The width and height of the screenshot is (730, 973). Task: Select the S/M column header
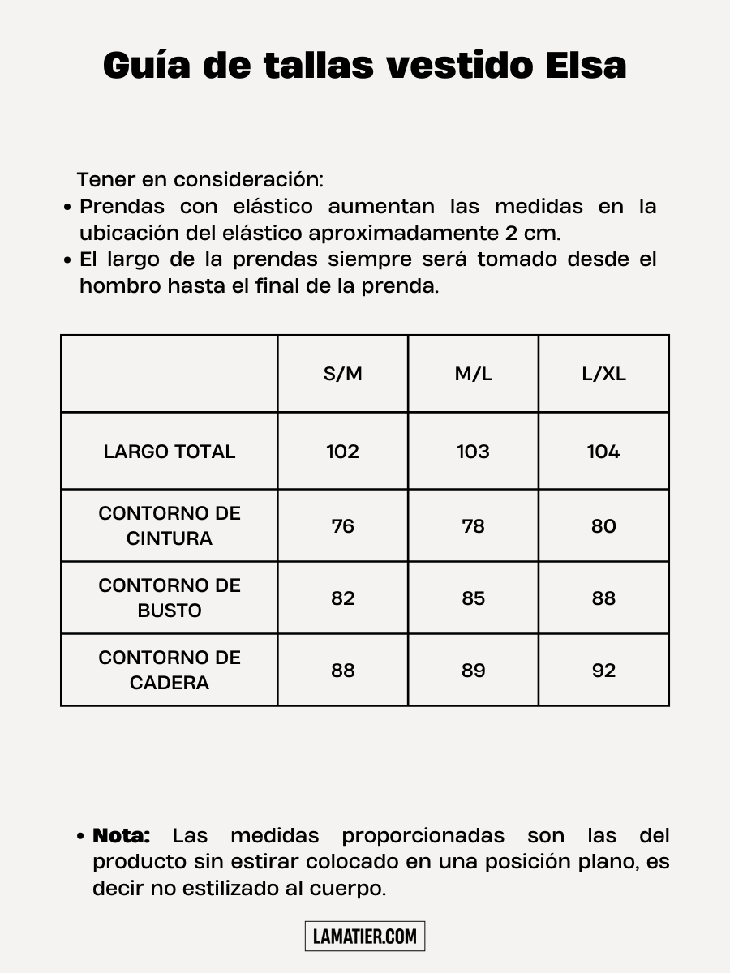tap(342, 374)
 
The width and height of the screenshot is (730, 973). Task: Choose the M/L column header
tap(473, 374)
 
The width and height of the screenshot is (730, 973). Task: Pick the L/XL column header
tap(603, 374)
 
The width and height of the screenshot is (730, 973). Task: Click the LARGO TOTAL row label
tap(170, 452)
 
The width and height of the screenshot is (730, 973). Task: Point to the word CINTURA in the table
tap(170, 538)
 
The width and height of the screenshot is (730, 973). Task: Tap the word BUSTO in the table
tap(170, 611)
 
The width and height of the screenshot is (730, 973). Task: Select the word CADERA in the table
tap(170, 683)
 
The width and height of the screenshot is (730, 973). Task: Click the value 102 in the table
tap(342, 452)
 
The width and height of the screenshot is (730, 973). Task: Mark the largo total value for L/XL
tap(603, 452)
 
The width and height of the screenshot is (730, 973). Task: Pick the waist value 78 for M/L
tap(473, 526)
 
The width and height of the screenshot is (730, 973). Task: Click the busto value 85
tap(473, 598)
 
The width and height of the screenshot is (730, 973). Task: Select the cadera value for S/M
tap(342, 671)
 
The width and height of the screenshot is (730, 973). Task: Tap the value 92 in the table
tap(603, 671)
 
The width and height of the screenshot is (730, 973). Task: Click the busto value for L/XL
tap(603, 598)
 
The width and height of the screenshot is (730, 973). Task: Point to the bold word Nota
tap(122, 835)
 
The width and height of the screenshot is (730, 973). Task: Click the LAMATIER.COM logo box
tap(365, 937)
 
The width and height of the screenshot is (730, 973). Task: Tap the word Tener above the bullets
tap(106, 179)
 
